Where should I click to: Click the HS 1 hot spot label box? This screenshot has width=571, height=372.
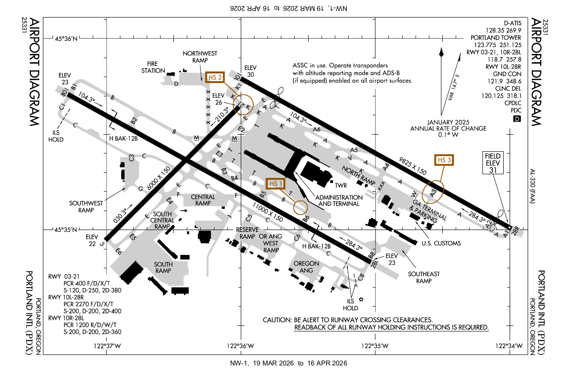pos(276,183)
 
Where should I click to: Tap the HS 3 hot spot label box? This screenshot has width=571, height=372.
pos(444,160)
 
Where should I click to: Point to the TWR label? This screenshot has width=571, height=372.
pos(341,186)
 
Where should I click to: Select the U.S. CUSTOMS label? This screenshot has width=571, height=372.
pos(441,243)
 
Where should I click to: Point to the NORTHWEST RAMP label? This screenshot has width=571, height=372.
pos(200,57)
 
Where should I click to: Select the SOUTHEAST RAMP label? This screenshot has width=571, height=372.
pos(424,277)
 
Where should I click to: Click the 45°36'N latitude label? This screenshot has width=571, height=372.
pos(67,39)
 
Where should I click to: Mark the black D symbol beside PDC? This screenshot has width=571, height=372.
pos(517,119)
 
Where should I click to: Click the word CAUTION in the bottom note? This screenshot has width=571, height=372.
pos(276,319)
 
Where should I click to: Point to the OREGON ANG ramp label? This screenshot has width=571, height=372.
pos(306,267)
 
